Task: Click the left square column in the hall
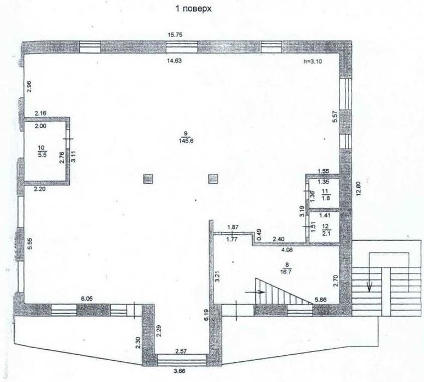click(148, 178)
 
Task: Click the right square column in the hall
click(214, 178)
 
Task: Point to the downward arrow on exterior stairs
click(369, 286)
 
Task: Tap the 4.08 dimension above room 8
click(288, 250)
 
